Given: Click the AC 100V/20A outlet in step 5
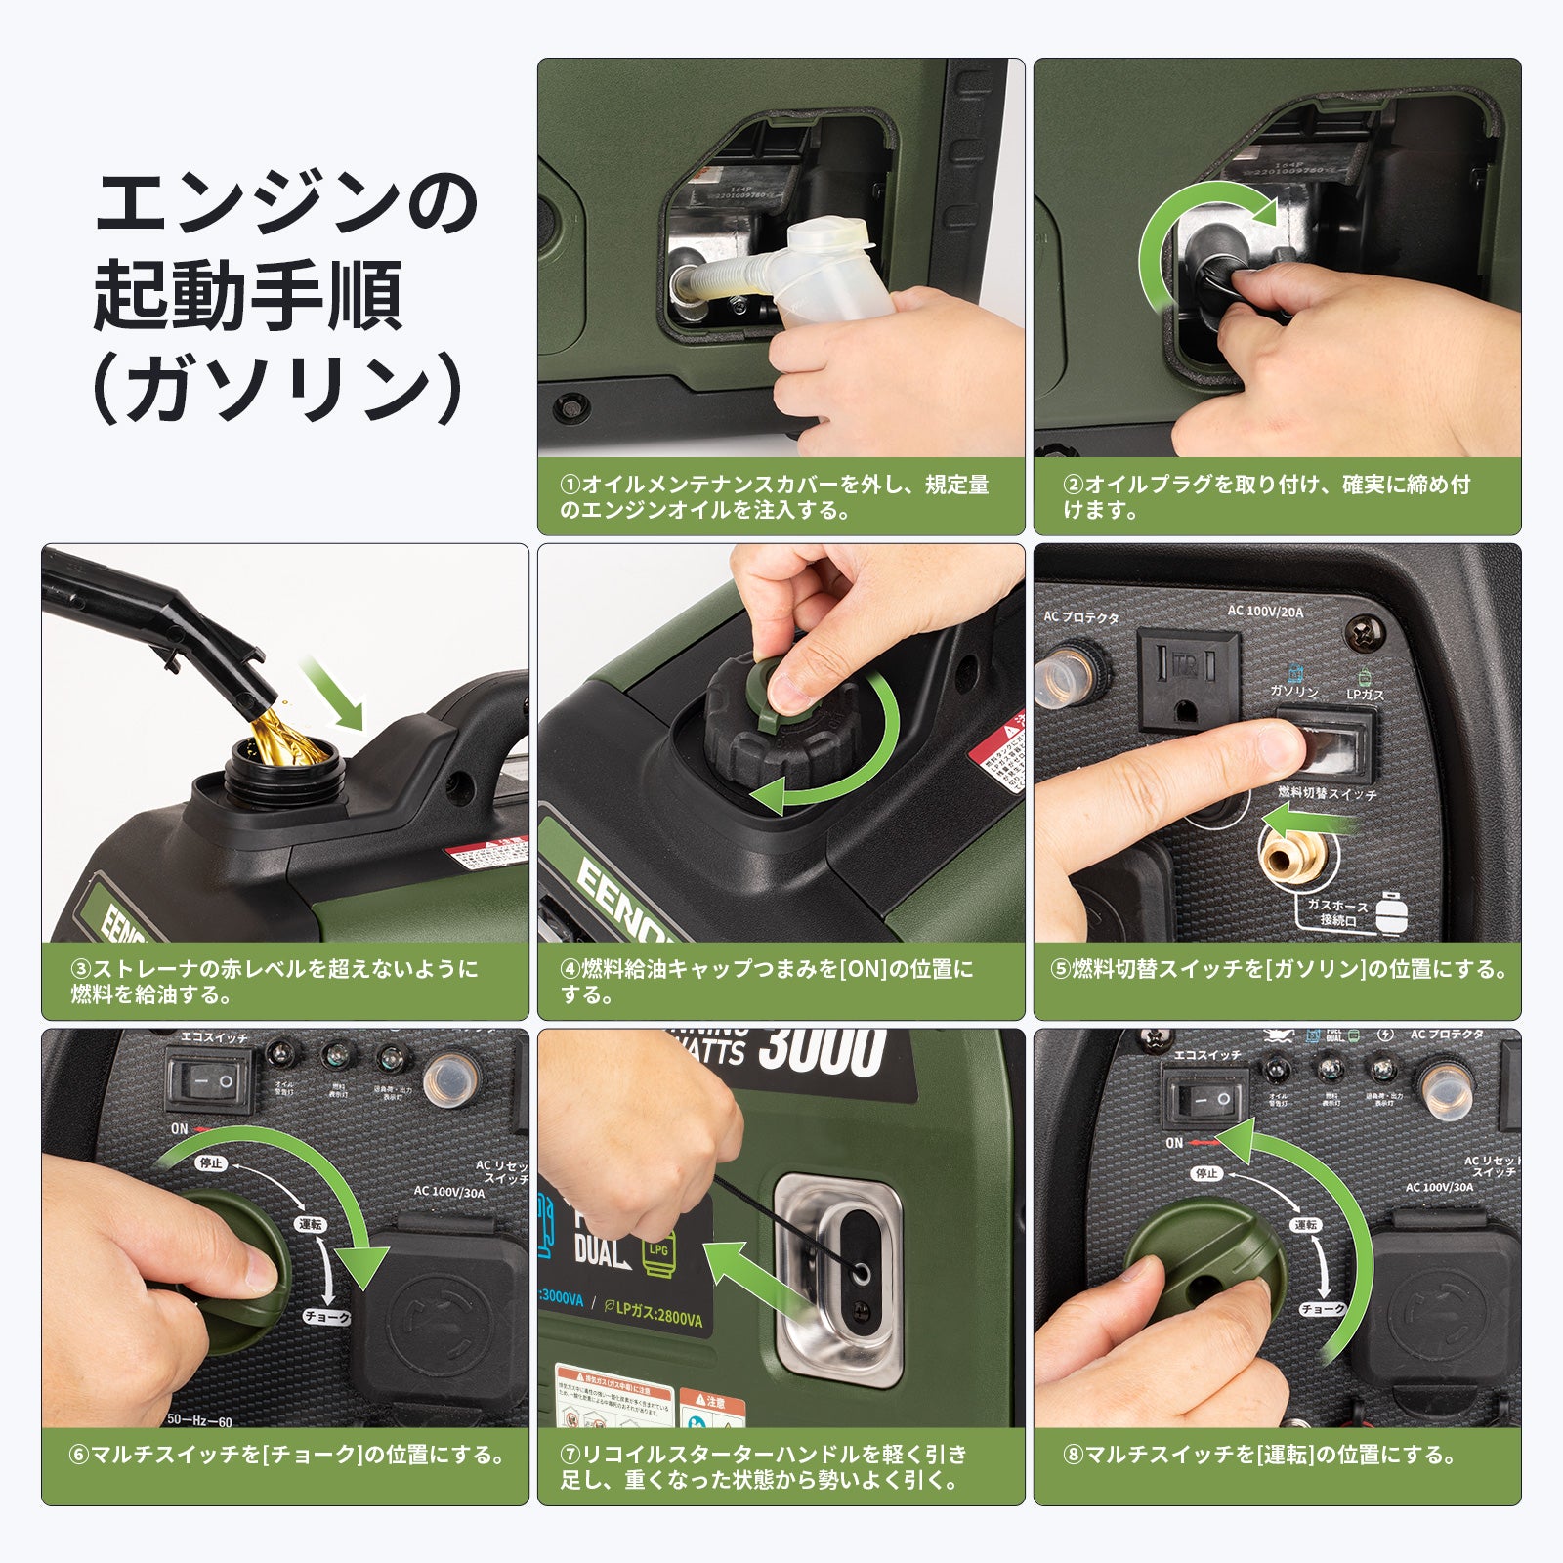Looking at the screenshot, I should pyautogui.click(x=1188, y=680).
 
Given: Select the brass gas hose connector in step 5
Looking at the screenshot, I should pyautogui.click(x=1291, y=856).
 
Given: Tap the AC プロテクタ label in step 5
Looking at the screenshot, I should pyautogui.click(x=1080, y=617).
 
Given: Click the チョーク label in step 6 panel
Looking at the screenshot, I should pyautogui.click(x=326, y=1317).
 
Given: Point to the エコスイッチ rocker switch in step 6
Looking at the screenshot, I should pyautogui.click(x=214, y=1080).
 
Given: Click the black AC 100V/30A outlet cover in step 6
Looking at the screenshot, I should pyautogui.click(x=440, y=1319).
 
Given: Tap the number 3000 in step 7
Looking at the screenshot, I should pyautogui.click(x=821, y=1050).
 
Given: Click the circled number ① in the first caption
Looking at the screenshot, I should pyautogui.click(x=570, y=485).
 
